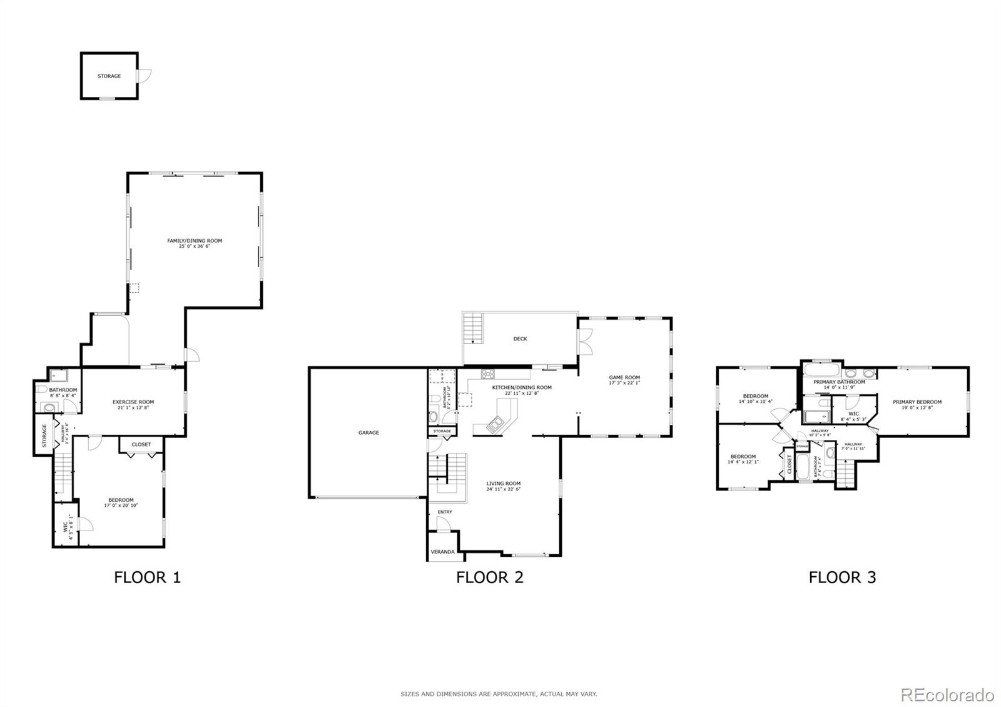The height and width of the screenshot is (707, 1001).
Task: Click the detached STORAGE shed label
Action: [x=109, y=76]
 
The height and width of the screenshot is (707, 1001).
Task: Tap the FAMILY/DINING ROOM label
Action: [x=194, y=241]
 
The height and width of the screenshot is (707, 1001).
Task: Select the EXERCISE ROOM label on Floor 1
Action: [x=133, y=402]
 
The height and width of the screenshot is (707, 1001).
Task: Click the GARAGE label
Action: [x=368, y=433]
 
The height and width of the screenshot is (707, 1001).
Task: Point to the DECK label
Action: [x=520, y=339]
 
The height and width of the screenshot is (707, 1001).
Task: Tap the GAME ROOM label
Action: [x=624, y=378]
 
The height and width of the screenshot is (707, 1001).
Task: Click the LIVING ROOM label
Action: [x=504, y=484]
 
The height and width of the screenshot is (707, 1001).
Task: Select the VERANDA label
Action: [x=442, y=552]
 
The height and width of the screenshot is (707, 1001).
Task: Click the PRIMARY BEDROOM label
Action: [x=917, y=402]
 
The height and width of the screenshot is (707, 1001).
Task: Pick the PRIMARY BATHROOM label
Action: [x=839, y=382]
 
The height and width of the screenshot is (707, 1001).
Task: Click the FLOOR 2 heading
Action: [x=489, y=577]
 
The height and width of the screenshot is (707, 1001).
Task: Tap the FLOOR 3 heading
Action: [x=842, y=577]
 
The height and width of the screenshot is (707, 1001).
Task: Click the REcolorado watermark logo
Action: [x=947, y=694]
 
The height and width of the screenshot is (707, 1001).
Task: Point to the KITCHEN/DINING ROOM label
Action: [x=521, y=388]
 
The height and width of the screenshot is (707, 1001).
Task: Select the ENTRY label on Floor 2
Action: [x=444, y=512]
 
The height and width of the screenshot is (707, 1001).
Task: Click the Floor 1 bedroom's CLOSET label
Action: [x=141, y=445]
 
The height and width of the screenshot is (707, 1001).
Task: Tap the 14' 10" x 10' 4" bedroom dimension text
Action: [x=755, y=402]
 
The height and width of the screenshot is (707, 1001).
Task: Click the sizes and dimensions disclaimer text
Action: [x=499, y=694]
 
